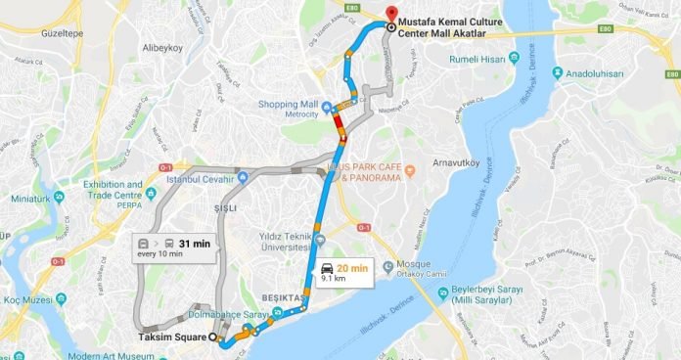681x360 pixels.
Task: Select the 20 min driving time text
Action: point(351,268)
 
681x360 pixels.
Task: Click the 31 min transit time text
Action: point(196,244)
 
